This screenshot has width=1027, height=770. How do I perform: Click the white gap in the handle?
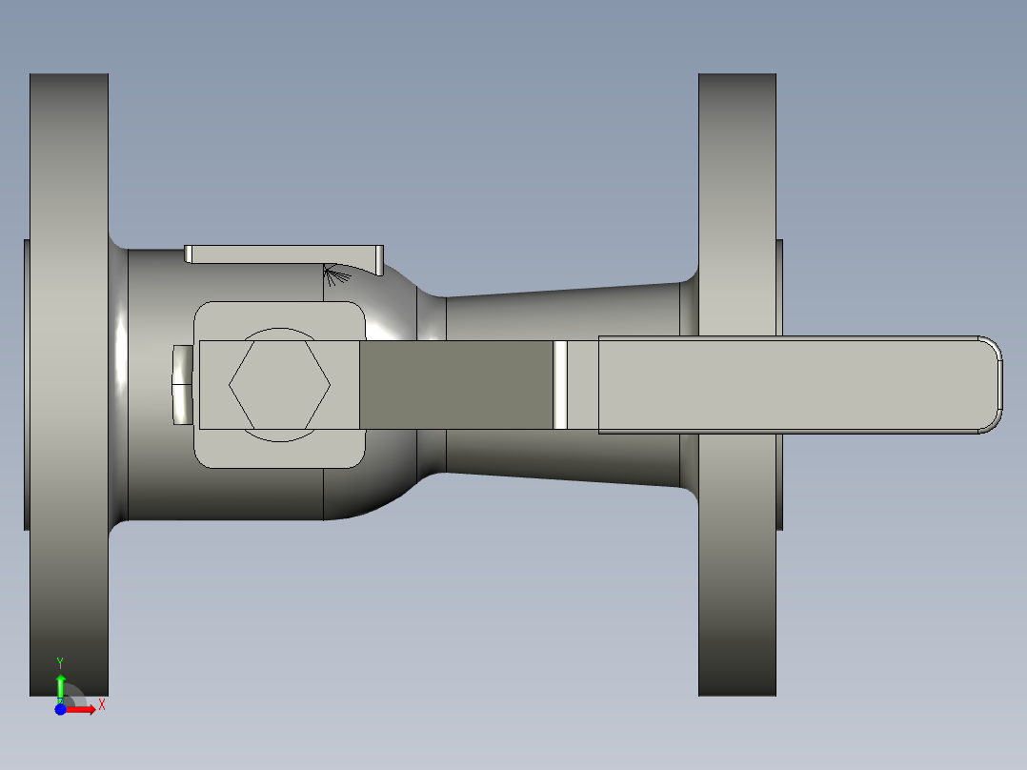(560, 385)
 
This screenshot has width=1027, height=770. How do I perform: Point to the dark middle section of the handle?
(455, 385)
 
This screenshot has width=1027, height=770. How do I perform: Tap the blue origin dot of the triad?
(60, 709)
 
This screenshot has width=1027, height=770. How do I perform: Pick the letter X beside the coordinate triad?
(102, 705)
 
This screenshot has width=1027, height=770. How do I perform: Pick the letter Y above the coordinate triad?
(60, 661)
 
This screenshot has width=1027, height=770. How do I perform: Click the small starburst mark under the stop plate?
(332, 275)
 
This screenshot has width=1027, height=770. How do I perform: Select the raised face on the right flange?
(780, 286)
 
